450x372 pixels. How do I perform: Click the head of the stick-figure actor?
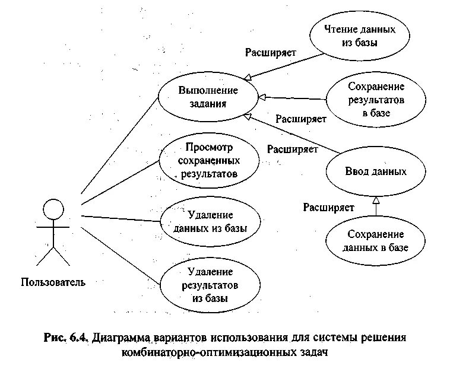tap(53, 209)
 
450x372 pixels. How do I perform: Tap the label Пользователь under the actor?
tap(53, 282)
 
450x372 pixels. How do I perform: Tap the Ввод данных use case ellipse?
tap(376, 171)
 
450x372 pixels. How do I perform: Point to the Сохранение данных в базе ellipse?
tap(376, 240)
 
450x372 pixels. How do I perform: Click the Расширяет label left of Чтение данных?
tap(271, 52)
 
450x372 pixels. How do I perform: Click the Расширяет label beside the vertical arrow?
tap(328, 207)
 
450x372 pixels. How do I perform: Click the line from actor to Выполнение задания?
tap(119, 145)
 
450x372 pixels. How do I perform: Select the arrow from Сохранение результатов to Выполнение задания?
tap(294, 98)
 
